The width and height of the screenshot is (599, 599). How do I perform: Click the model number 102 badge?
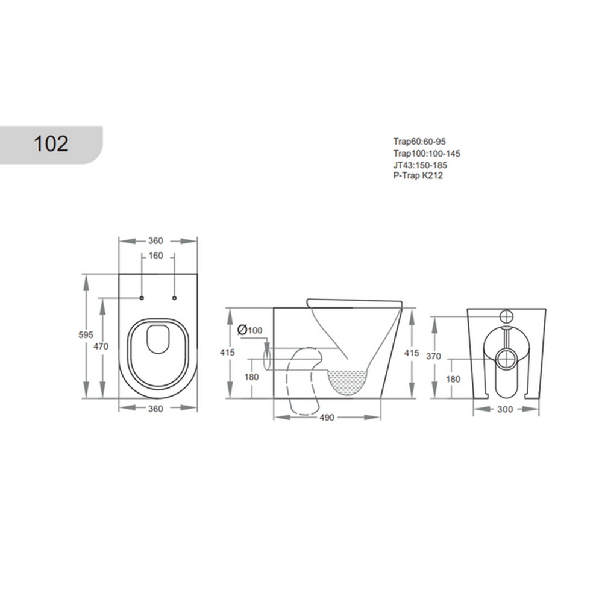tap(51, 143)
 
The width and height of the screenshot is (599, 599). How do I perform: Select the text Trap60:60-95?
tap(419, 142)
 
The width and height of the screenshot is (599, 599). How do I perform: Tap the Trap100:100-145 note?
tap(427, 154)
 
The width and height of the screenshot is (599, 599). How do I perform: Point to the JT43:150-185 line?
tap(420, 165)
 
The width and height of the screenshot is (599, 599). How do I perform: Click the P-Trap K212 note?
tap(418, 176)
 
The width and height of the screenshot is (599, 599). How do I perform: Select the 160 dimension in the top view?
tap(155, 256)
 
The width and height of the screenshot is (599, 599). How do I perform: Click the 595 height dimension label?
tap(86, 334)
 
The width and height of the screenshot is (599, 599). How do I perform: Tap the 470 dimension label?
tap(101, 347)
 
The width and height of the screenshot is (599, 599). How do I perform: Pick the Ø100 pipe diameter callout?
tap(250, 330)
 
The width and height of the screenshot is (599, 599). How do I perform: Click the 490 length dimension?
tap(327, 418)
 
